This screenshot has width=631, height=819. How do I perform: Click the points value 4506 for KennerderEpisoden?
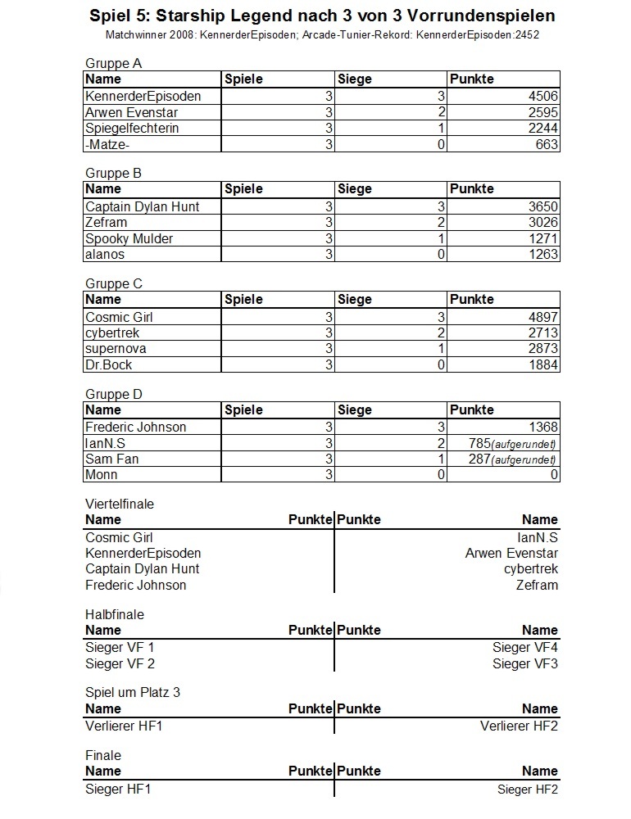coord(542,96)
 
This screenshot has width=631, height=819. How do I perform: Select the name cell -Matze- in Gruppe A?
coord(107,145)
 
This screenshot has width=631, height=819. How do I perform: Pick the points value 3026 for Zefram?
coord(542,223)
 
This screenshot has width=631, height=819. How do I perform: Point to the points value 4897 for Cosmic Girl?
coord(542,317)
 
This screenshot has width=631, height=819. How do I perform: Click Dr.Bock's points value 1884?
coord(542,364)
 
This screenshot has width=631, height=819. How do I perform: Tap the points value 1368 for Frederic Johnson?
coord(542,427)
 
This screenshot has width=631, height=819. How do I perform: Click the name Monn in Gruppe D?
coord(101,475)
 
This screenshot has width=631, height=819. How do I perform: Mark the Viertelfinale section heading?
coord(120,505)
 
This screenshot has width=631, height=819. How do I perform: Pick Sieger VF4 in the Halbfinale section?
coord(525,648)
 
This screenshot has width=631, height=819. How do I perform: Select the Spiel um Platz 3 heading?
coord(133,692)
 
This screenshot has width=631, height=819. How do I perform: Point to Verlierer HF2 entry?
coord(519,726)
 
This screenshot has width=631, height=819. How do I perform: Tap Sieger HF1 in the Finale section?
coord(118,790)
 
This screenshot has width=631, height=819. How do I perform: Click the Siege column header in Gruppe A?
coord(354,79)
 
